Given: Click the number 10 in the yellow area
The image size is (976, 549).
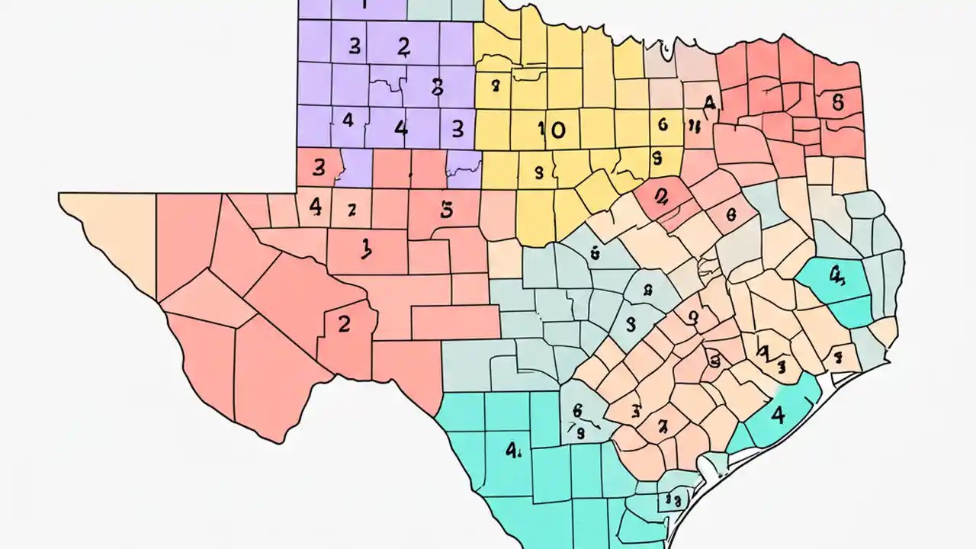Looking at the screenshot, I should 551,130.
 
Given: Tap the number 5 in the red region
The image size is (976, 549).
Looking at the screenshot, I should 447,209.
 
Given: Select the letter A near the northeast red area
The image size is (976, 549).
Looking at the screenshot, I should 709,103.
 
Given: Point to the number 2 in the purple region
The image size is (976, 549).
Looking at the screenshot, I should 403,47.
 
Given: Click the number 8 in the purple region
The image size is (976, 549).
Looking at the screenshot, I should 437,87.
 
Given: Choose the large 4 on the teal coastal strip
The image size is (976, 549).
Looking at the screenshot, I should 777,416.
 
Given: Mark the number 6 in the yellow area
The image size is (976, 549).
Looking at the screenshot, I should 662,124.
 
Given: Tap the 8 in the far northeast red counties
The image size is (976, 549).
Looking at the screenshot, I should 837,102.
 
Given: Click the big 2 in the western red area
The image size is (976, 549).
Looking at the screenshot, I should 344,323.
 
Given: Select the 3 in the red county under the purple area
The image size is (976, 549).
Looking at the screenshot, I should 319,166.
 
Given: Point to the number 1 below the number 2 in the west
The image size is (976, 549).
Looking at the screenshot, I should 366,246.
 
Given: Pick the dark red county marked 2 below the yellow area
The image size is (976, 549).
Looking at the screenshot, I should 660,196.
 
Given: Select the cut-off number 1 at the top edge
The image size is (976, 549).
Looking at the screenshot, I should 364,5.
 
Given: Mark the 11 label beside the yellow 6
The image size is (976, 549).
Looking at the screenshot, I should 694,126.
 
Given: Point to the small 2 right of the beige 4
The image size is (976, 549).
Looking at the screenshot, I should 352,207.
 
